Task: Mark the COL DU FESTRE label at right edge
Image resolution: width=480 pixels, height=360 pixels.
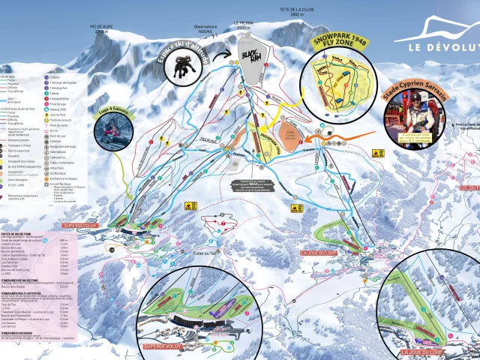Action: pos(468,188)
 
